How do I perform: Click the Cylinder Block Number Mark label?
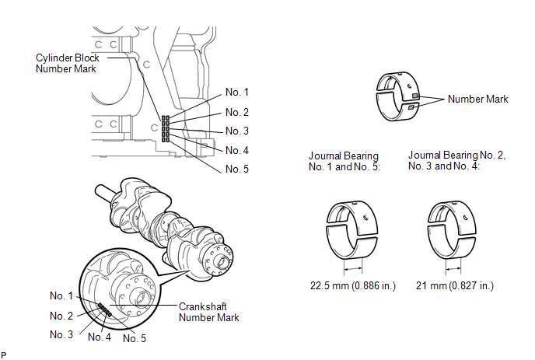67,64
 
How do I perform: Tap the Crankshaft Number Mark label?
209,312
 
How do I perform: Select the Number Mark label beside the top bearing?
477,100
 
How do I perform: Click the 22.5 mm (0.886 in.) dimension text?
353,286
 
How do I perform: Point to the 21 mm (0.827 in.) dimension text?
456,286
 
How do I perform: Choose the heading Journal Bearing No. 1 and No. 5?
344,161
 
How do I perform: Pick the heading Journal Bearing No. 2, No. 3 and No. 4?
457,161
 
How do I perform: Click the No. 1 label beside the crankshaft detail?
63,295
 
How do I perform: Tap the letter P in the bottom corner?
5,355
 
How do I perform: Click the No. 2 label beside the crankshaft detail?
63,316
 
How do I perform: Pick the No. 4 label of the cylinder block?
237,150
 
